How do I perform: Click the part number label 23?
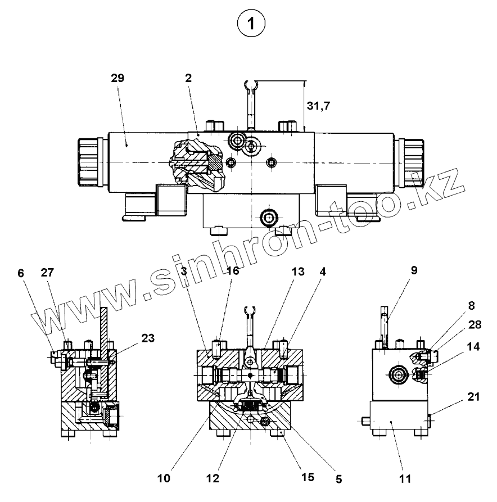point(147,338)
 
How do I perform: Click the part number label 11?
point(405,479)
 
